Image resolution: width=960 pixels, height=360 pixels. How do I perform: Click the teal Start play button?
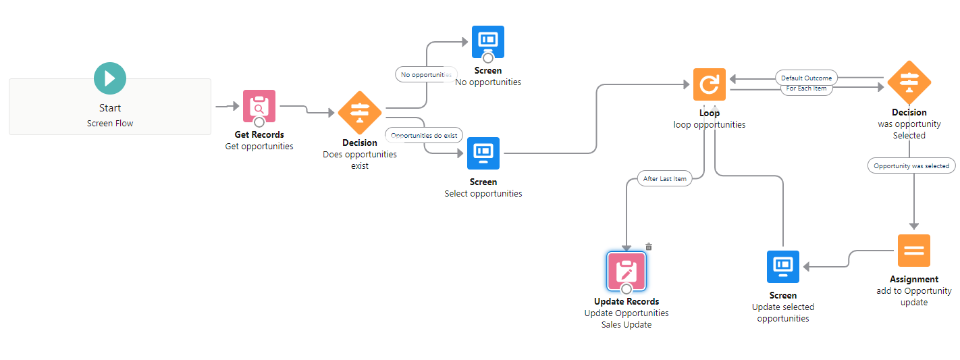pyautogui.click(x=110, y=78)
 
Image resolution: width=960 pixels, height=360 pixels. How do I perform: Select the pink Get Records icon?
pyautogui.click(x=259, y=107)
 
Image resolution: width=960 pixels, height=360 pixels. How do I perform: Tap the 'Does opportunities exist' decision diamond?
pyautogui.click(x=360, y=113)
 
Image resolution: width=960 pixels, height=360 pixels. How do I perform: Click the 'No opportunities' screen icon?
pyautogui.click(x=488, y=42)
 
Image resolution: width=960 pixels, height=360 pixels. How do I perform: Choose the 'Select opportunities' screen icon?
pyautogui.click(x=483, y=153)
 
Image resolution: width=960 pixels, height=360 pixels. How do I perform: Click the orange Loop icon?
pyautogui.click(x=710, y=84)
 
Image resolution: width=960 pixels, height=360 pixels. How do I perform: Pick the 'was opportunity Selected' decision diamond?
pyautogui.click(x=909, y=83)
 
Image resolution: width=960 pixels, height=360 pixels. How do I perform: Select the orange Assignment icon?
pyautogui.click(x=914, y=251)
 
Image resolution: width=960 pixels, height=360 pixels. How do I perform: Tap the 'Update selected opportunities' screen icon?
pyautogui.click(x=783, y=267)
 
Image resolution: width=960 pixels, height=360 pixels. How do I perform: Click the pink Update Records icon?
pyautogui.click(x=626, y=272)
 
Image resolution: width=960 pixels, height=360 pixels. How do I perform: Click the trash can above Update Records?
pyautogui.click(x=649, y=247)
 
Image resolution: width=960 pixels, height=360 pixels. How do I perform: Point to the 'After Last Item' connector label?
pyautogui.click(x=665, y=179)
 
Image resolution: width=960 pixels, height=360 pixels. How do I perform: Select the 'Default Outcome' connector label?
pyautogui.click(x=807, y=78)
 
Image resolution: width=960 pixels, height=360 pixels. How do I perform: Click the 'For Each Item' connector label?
pyautogui.click(x=806, y=88)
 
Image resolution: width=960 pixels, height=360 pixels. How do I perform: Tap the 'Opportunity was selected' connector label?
pyautogui.click(x=911, y=165)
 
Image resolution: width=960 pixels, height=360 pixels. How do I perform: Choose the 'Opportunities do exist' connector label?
pyautogui.click(x=424, y=135)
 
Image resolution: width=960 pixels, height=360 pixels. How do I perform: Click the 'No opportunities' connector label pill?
pyautogui.click(x=426, y=74)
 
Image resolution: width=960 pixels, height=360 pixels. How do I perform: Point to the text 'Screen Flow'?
pyautogui.click(x=110, y=124)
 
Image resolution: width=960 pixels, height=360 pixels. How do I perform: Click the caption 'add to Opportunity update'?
pyautogui.click(x=914, y=297)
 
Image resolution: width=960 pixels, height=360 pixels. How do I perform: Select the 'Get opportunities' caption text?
pyautogui.click(x=259, y=147)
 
